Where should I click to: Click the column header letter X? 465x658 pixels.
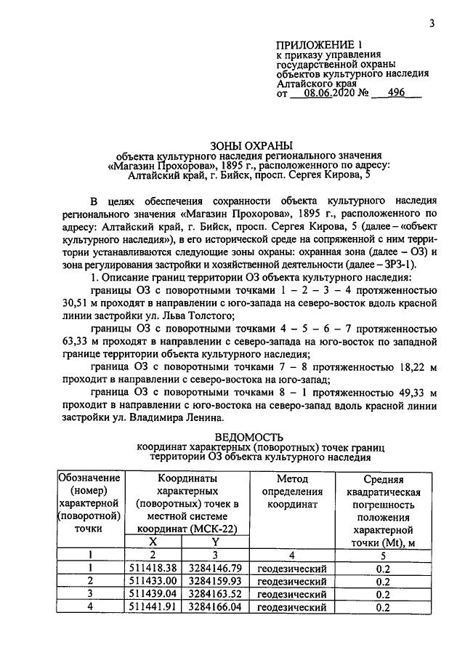click(153, 542)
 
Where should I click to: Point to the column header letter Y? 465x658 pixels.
click(214, 542)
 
